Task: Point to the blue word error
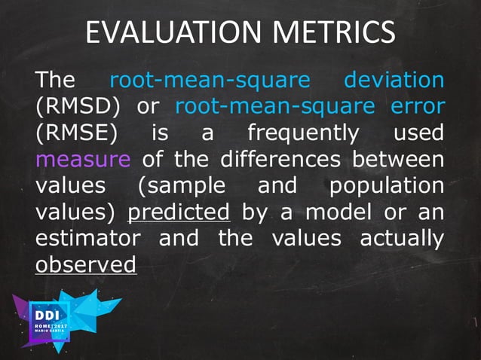click(x=418, y=105)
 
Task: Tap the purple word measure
click(x=82, y=160)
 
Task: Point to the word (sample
click(x=181, y=186)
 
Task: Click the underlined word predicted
click(x=179, y=213)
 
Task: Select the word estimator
click(x=87, y=239)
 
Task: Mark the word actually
click(x=401, y=239)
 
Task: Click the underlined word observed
click(x=86, y=266)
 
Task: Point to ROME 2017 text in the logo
click(x=51, y=325)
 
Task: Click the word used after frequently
click(x=418, y=133)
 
